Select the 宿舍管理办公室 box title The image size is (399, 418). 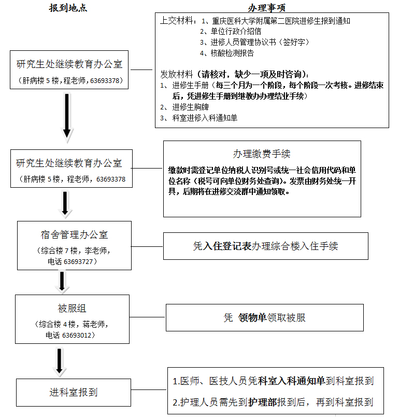pyautogui.click(x=74, y=234)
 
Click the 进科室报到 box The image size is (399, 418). pyautogui.click(x=73, y=392)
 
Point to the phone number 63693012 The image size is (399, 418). pyautogui.click(x=79, y=335)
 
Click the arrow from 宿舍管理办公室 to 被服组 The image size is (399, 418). pyautogui.click(x=62, y=282)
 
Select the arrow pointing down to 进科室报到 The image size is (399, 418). pyautogui.click(x=60, y=361)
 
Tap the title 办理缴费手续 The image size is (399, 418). pyautogui.click(x=262, y=154)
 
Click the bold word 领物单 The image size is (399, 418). pyautogui.click(x=252, y=318)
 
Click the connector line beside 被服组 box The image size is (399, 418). pyautogui.click(x=147, y=317)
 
